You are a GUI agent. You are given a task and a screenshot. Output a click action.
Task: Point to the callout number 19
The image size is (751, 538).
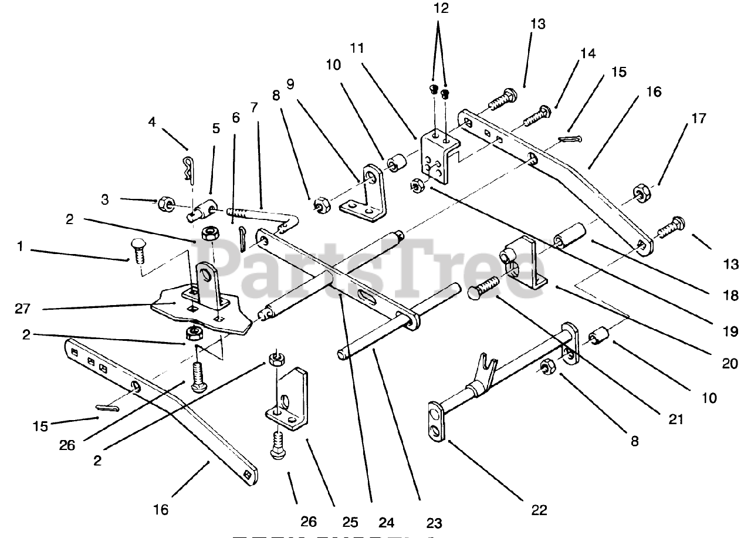pos(729,331)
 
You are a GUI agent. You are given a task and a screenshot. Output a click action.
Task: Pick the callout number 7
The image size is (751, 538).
pos(253,107)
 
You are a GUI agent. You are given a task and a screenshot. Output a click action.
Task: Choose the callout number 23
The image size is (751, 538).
pos(434,523)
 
